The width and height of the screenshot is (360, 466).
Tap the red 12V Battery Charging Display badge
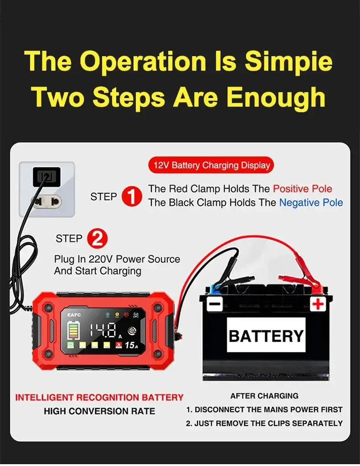pos(211,165)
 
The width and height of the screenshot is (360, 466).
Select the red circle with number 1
pos(132,196)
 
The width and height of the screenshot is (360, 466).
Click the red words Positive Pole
pos(303,189)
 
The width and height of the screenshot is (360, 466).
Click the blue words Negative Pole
pos(311,203)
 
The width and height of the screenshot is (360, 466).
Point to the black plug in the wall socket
pos(46,176)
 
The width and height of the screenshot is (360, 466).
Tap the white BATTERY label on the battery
pos(266,335)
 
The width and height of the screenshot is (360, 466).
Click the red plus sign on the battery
pos(318,304)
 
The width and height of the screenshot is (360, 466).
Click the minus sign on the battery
pos(215,304)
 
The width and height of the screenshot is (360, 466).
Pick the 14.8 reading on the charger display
pos(103,330)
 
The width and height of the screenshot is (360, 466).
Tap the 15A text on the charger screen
pos(131,345)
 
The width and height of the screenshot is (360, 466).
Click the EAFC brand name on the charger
pos(74,315)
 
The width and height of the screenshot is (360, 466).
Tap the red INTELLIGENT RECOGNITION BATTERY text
pos(99,397)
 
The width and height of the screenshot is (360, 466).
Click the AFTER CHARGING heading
pos(264,396)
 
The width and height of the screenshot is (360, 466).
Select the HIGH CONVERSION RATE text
pos(99,411)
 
